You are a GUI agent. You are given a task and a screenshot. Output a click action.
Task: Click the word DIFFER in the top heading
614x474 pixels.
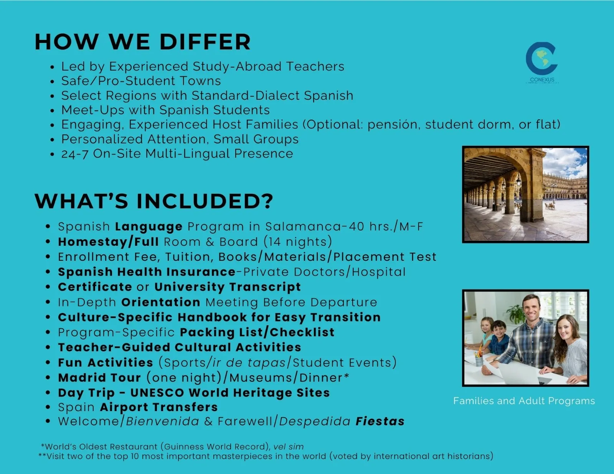[x=205, y=42]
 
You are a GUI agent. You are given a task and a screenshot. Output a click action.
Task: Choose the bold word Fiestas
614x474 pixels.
[x=380, y=421]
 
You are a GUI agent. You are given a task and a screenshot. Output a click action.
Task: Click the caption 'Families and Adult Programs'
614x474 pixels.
[x=524, y=401]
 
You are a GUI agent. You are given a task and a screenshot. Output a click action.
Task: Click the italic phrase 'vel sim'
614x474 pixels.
[x=289, y=447]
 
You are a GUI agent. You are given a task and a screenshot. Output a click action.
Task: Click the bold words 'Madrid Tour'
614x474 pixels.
[x=99, y=378]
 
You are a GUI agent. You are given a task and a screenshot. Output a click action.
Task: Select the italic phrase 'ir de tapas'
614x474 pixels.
[x=249, y=362]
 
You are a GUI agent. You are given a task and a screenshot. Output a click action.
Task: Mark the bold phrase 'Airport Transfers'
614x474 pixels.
[x=159, y=407]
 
